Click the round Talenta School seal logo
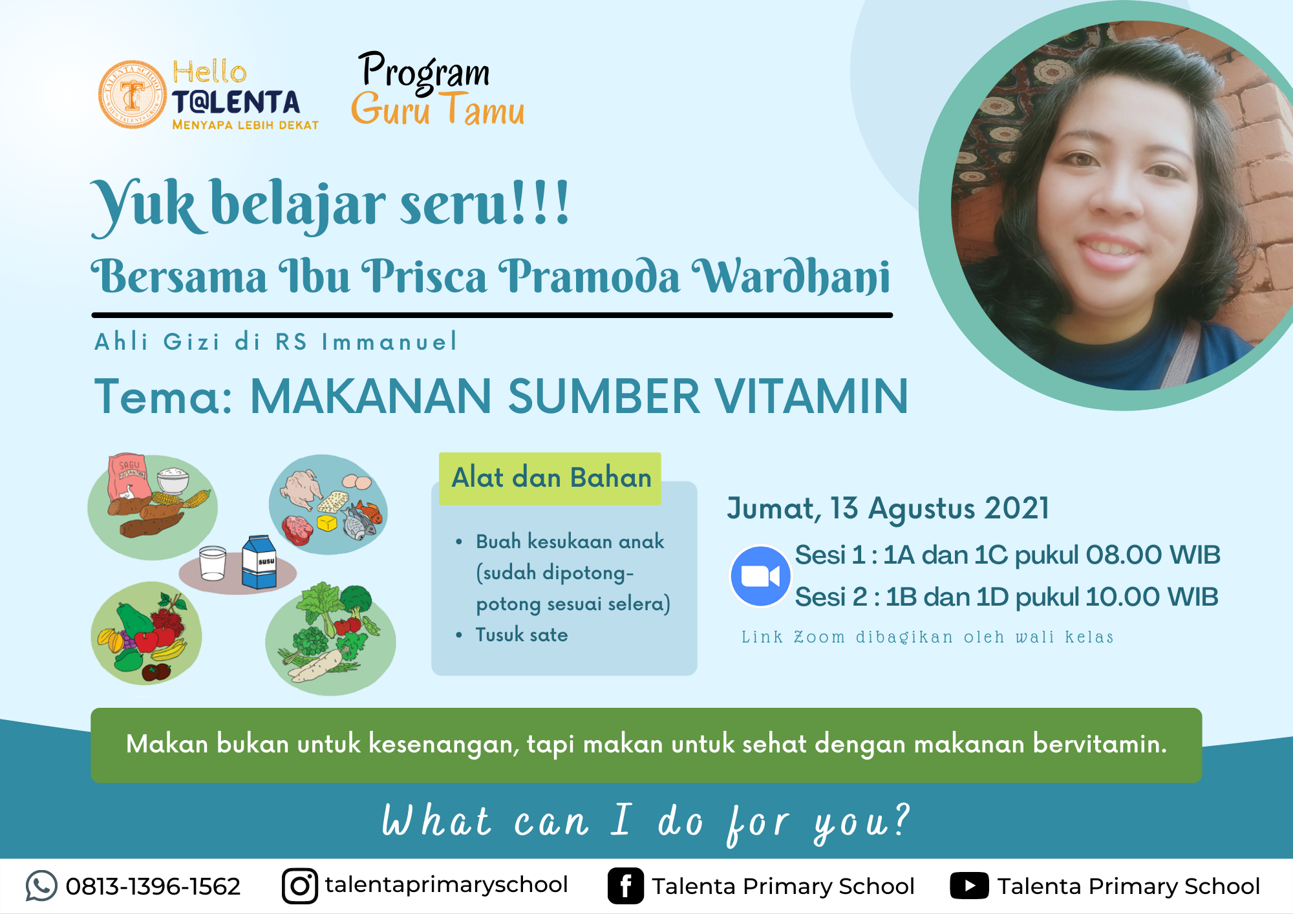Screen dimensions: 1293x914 pos(133,94)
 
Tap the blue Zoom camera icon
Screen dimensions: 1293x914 pos(760,576)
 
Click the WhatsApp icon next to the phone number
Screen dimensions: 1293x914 pos(41,886)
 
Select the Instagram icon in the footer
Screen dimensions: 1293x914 pos(300,886)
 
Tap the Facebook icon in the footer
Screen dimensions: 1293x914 pos(626,886)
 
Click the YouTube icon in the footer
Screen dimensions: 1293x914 pos(969,886)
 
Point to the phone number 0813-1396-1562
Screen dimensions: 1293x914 pos(153,886)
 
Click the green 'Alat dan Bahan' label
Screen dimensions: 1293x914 pos(550,478)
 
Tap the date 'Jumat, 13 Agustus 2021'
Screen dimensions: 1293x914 pos(888,508)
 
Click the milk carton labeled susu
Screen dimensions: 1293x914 pos(259,562)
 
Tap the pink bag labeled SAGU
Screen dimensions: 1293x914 pos(129,477)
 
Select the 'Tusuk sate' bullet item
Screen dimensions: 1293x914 pos(522,635)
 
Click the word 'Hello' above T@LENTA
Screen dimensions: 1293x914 pos(209,72)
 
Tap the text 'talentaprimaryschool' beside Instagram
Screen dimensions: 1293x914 pos(446,885)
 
